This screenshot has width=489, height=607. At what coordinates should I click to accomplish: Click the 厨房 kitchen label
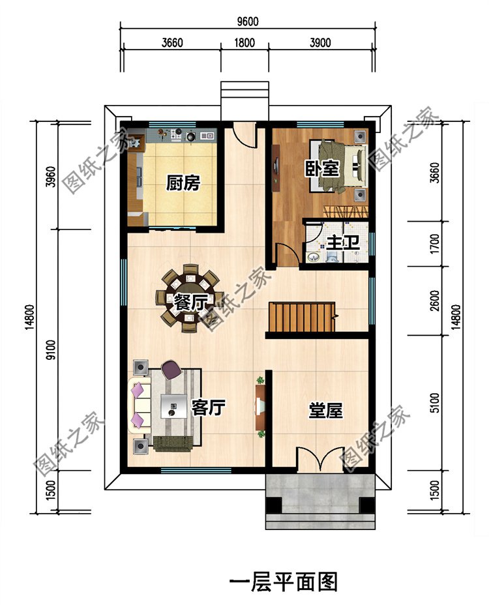183,183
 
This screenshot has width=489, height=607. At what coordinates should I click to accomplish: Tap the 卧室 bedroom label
322,168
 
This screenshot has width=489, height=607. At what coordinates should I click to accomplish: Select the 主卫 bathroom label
343,243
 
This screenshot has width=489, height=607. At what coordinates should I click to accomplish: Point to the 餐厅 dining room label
190,303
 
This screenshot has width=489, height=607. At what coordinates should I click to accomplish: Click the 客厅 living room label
208,407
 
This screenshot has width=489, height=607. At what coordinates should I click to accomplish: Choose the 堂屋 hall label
325,410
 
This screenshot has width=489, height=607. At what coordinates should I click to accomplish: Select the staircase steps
302,317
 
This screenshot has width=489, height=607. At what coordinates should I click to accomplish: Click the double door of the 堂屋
321,460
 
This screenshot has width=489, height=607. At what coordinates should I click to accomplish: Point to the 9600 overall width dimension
248,22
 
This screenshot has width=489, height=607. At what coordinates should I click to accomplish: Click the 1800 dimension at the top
244,42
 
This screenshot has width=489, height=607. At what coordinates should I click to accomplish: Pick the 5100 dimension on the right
435,403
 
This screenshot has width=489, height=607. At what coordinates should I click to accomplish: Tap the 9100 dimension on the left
51,350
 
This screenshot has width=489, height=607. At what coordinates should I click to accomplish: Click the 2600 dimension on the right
435,301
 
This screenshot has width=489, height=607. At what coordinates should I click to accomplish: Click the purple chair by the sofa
171,370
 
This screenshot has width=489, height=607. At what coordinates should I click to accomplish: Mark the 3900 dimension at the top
320,42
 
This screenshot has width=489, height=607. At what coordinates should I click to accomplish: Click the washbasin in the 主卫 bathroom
313,257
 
